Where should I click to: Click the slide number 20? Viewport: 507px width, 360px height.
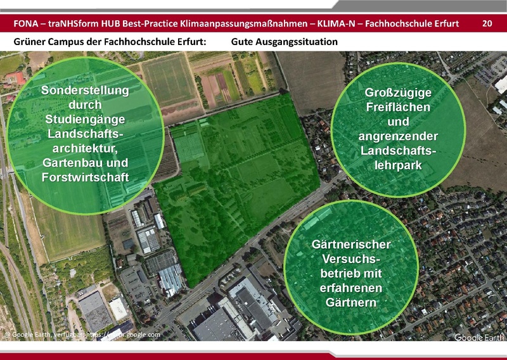click(x=487, y=24)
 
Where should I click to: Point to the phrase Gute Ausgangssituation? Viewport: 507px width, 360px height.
click(x=284, y=42)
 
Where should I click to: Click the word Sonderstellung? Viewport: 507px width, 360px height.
click(x=85, y=91)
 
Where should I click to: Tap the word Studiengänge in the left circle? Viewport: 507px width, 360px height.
click(x=85, y=119)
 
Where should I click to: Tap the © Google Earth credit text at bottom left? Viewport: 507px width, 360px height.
click(x=32, y=334)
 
